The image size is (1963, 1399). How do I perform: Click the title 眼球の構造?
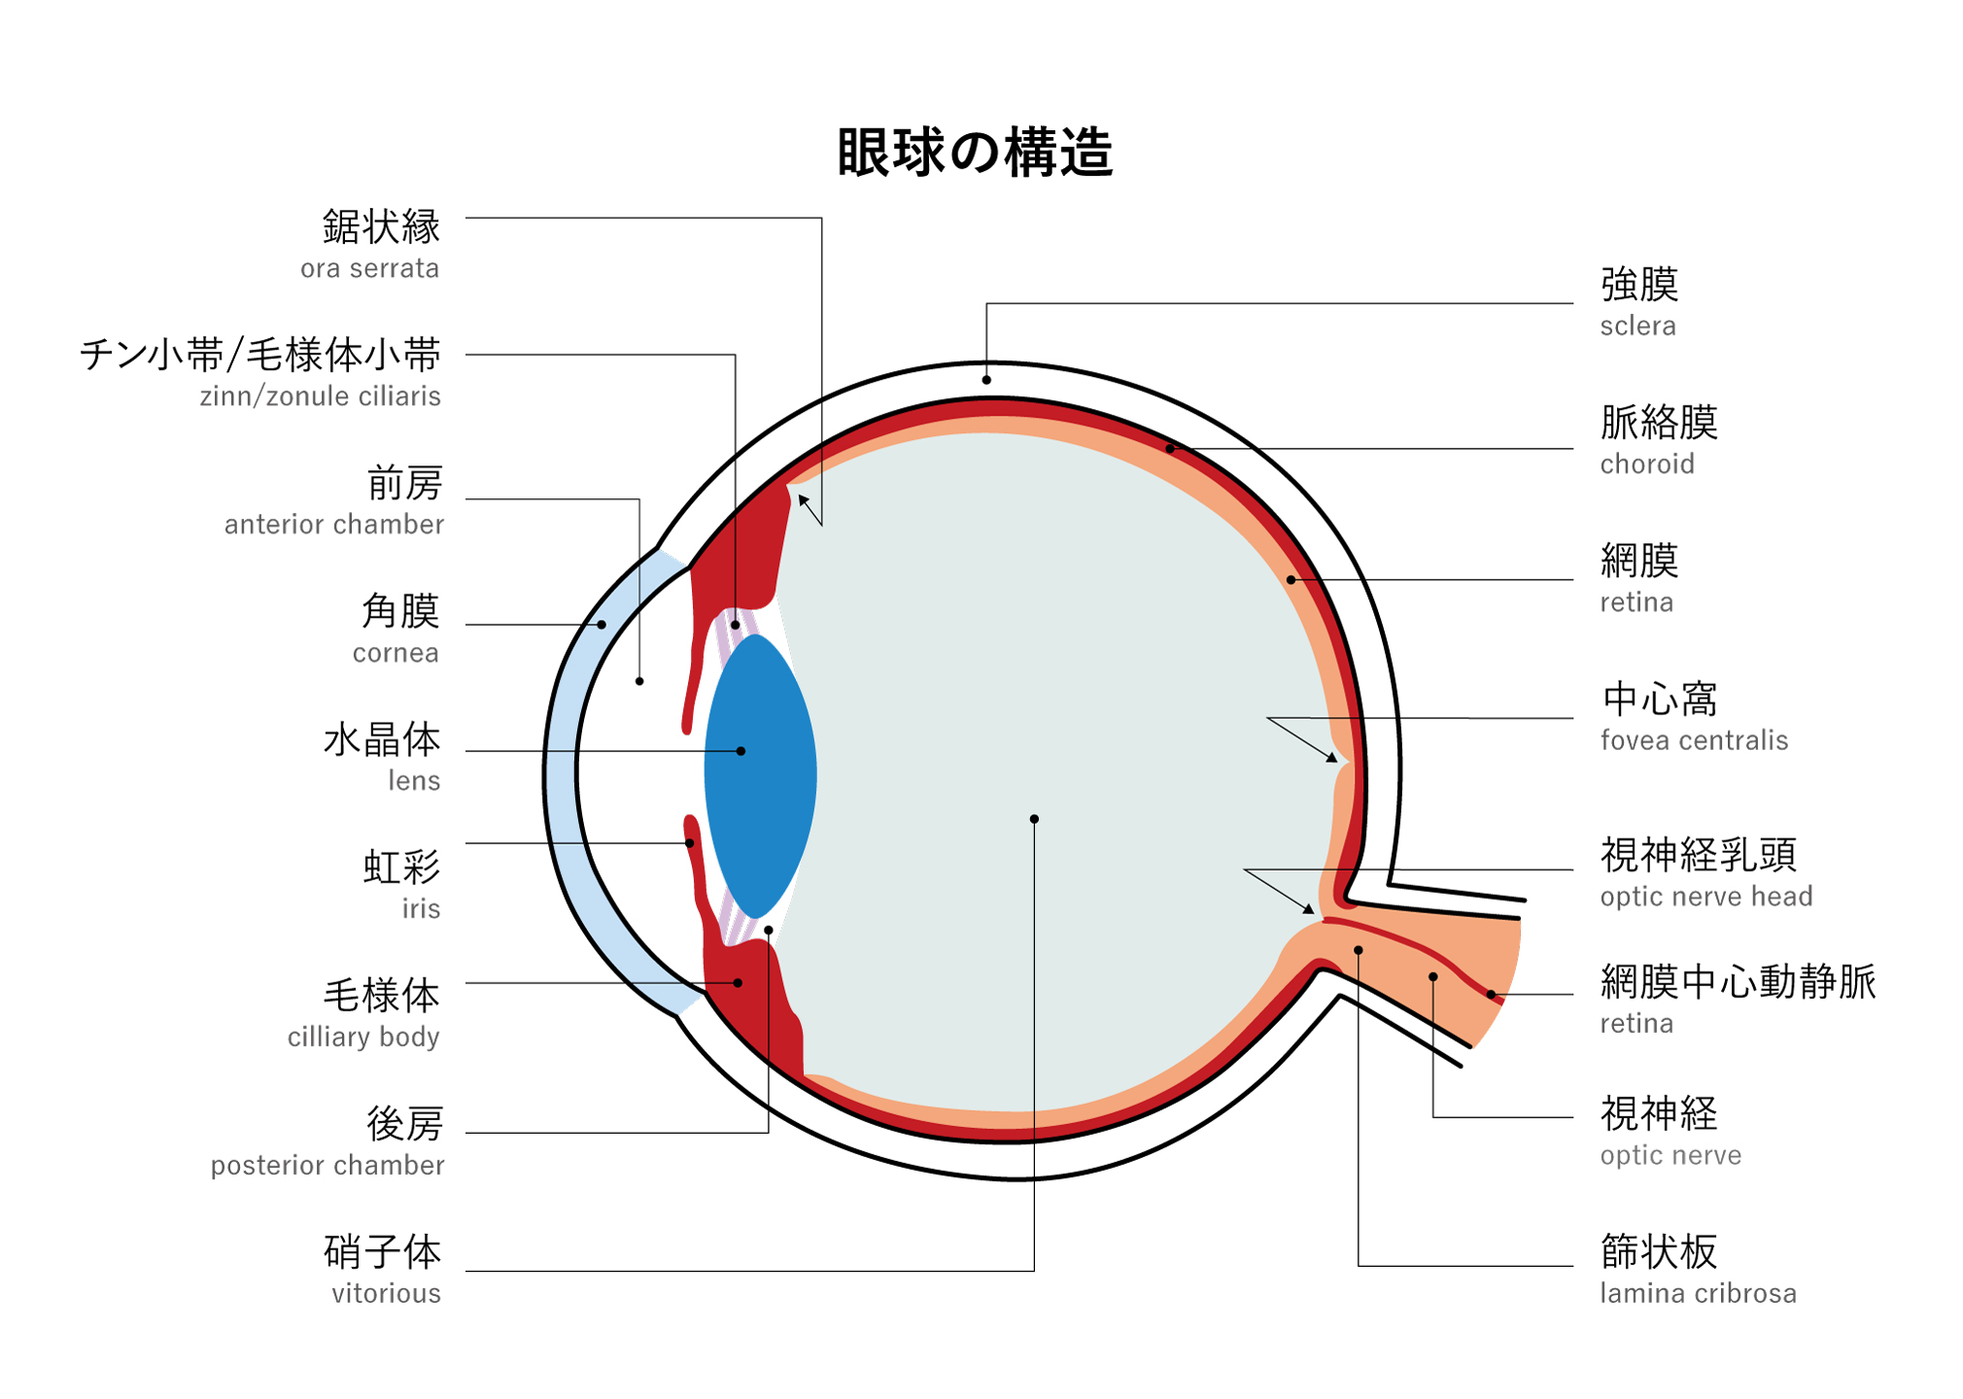point(974,153)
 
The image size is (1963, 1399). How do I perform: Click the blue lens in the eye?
point(761,777)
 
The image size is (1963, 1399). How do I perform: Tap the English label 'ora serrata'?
point(369,268)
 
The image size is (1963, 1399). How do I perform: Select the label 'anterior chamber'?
point(333,525)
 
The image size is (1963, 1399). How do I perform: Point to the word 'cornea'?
point(396,653)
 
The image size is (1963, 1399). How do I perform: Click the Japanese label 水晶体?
point(382,740)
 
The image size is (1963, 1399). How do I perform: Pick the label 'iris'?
point(421,908)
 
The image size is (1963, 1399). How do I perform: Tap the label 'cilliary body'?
point(363,1037)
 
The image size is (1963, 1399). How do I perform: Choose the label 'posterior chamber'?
point(327,1165)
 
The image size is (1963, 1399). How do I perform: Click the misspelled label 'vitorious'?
point(386,1293)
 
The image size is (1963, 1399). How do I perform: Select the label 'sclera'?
point(1637,325)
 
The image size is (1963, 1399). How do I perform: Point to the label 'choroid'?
point(1646,463)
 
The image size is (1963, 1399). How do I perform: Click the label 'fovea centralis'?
point(1693,740)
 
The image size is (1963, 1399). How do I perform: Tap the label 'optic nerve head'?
point(1705,896)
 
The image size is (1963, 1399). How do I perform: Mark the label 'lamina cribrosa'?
point(1698,1293)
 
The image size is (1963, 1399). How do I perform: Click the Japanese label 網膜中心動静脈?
point(1738,981)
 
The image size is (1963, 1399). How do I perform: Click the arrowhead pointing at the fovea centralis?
point(1333,758)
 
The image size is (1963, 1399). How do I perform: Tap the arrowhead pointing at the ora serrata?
point(803,500)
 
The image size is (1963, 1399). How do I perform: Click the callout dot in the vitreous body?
point(1034,819)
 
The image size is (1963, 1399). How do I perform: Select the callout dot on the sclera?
point(986,380)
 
